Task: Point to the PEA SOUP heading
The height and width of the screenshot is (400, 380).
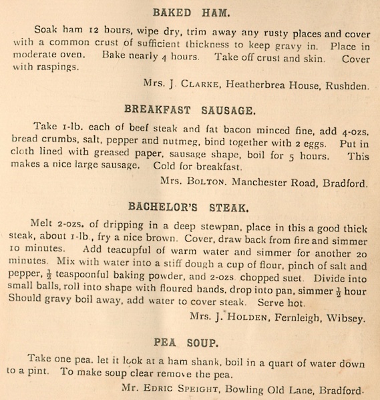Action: pos(186,343)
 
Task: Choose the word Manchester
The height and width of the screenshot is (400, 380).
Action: pos(266,181)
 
